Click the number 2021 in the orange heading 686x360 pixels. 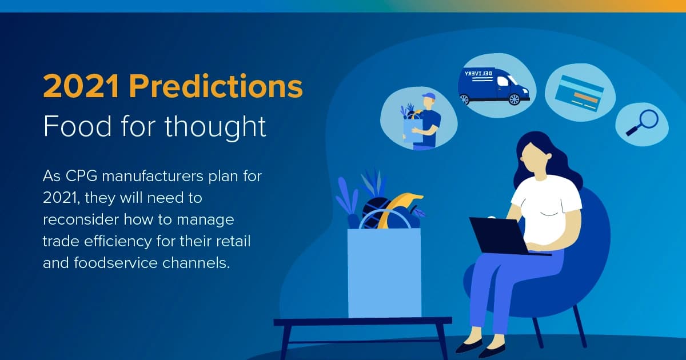[82, 87]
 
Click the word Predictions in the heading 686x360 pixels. [216, 87]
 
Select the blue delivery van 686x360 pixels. [493, 86]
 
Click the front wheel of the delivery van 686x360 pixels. [514, 99]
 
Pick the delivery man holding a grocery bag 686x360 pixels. [421, 121]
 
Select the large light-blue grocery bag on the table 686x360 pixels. [384, 271]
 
